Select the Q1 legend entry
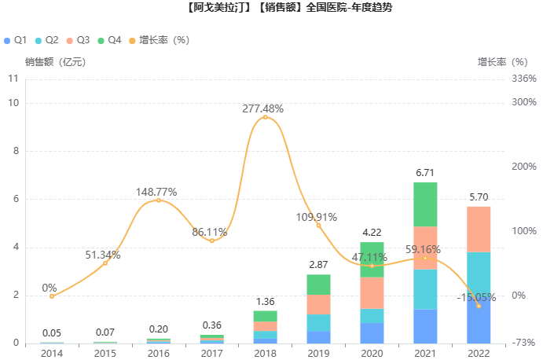[x=16, y=39]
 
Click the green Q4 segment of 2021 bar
[x=425, y=204]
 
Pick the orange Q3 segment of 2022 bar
[x=479, y=230]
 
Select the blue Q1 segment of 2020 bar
[x=372, y=333]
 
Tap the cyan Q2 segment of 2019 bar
[x=318, y=322]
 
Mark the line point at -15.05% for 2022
[x=479, y=305]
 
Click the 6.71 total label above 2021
[x=425, y=172]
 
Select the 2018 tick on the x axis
[x=265, y=353]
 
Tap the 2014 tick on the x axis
[x=52, y=353]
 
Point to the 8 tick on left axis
[x=15, y=151]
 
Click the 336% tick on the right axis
[x=523, y=79]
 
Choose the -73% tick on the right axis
[x=523, y=343]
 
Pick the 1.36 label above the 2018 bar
[x=265, y=301]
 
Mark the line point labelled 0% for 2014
[x=52, y=296]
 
